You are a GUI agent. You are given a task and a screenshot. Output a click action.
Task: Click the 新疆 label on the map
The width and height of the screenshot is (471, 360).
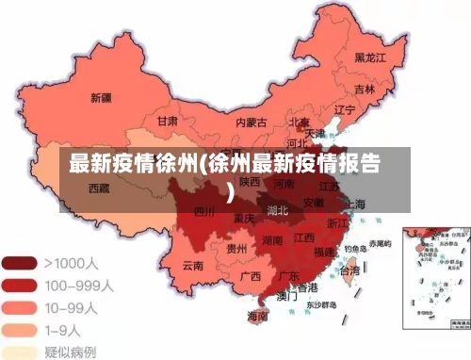pyautogui.click(x=101, y=97)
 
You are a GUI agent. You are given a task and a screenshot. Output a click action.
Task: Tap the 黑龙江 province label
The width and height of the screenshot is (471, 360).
pyautogui.click(x=371, y=57)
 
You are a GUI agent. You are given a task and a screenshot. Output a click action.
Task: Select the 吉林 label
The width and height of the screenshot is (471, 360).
pyautogui.click(x=364, y=90)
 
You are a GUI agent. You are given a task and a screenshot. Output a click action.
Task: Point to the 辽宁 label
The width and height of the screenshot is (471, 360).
pyautogui.click(x=345, y=109)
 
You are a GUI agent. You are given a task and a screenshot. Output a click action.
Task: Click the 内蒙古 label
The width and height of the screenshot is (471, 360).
pyautogui.click(x=251, y=122)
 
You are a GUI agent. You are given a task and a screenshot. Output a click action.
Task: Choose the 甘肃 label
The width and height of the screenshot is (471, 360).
pyautogui.click(x=168, y=122)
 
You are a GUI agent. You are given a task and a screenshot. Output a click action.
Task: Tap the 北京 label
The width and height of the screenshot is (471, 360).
pyautogui.click(x=300, y=122)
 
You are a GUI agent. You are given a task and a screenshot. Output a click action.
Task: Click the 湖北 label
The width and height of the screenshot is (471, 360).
pyautogui.click(x=277, y=209)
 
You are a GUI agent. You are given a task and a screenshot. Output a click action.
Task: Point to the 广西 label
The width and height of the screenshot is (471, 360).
pyautogui.click(x=250, y=276)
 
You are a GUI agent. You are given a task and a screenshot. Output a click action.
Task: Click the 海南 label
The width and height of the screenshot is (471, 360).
pyautogui.click(x=256, y=315)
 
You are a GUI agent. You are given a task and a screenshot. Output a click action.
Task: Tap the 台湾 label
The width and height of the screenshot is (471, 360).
pyautogui.click(x=349, y=270)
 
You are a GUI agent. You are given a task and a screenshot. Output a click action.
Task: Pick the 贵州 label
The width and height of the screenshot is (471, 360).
pyautogui.click(x=236, y=249)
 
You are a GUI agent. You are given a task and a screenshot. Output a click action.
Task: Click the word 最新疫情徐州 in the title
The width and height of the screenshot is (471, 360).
pyautogui.click(x=132, y=164)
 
